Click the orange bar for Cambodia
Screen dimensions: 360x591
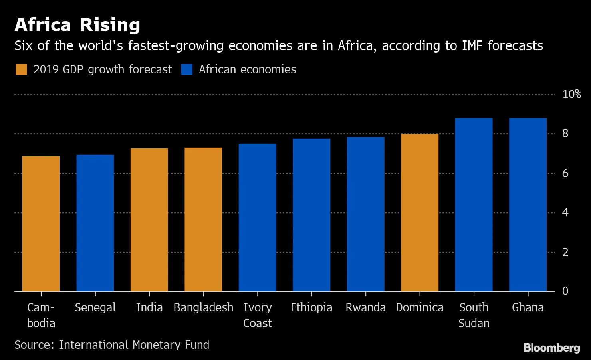(41, 224)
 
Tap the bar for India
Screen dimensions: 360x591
(149, 220)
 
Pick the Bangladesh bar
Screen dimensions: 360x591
(203, 219)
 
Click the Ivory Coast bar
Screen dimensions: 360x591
(258, 217)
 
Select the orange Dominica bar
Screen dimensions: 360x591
(420, 212)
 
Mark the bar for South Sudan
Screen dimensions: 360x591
(474, 204)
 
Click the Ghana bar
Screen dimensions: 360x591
(528, 204)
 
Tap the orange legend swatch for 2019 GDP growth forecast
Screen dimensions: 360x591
(21, 69)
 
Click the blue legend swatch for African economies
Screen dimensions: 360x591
(187, 69)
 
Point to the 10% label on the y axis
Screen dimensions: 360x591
(571, 94)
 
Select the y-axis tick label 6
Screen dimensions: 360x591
(565, 173)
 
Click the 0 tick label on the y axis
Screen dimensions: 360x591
(565, 291)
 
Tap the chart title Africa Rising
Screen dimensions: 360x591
(77, 25)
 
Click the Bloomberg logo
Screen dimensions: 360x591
(551, 348)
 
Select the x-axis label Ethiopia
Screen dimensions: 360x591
(311, 307)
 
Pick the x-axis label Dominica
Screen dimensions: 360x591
(420, 307)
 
